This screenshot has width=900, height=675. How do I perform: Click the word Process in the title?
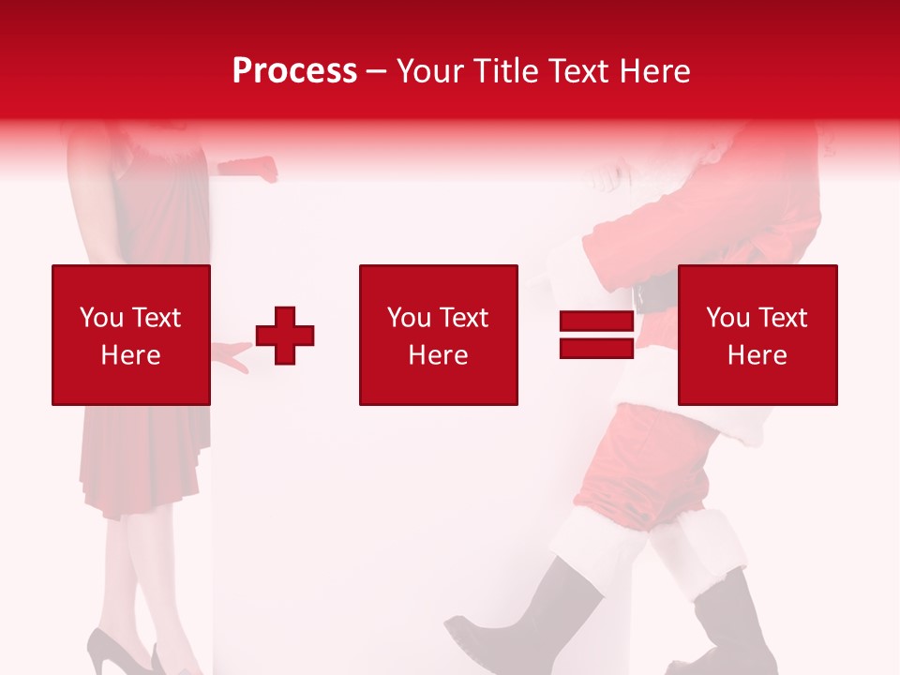tap(294, 71)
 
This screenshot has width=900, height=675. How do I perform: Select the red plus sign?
tap(285, 335)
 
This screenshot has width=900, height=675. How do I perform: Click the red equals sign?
tap(596, 335)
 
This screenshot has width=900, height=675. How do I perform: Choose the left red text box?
tap(131, 335)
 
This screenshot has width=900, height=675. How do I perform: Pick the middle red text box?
tap(439, 335)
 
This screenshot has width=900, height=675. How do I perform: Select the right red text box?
tap(757, 335)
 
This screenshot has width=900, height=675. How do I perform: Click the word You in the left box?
tap(99, 318)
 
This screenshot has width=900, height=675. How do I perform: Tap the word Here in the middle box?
tap(439, 355)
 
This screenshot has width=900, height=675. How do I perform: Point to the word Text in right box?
tap(782, 318)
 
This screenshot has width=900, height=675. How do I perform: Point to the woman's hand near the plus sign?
tap(231, 356)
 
